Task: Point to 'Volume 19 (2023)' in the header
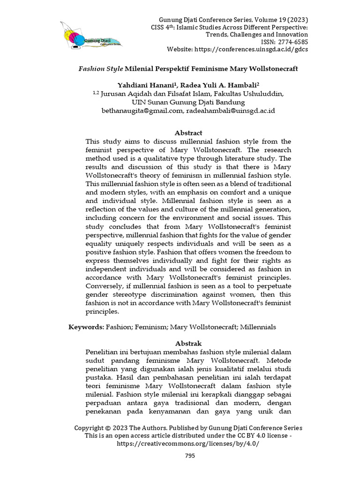click(x=282, y=20)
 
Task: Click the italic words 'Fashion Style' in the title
click(x=100, y=68)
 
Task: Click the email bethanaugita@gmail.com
click(x=141, y=111)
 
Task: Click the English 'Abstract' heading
click(x=188, y=133)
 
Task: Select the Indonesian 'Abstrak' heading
click(x=188, y=344)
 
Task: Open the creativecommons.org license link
click(x=188, y=443)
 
